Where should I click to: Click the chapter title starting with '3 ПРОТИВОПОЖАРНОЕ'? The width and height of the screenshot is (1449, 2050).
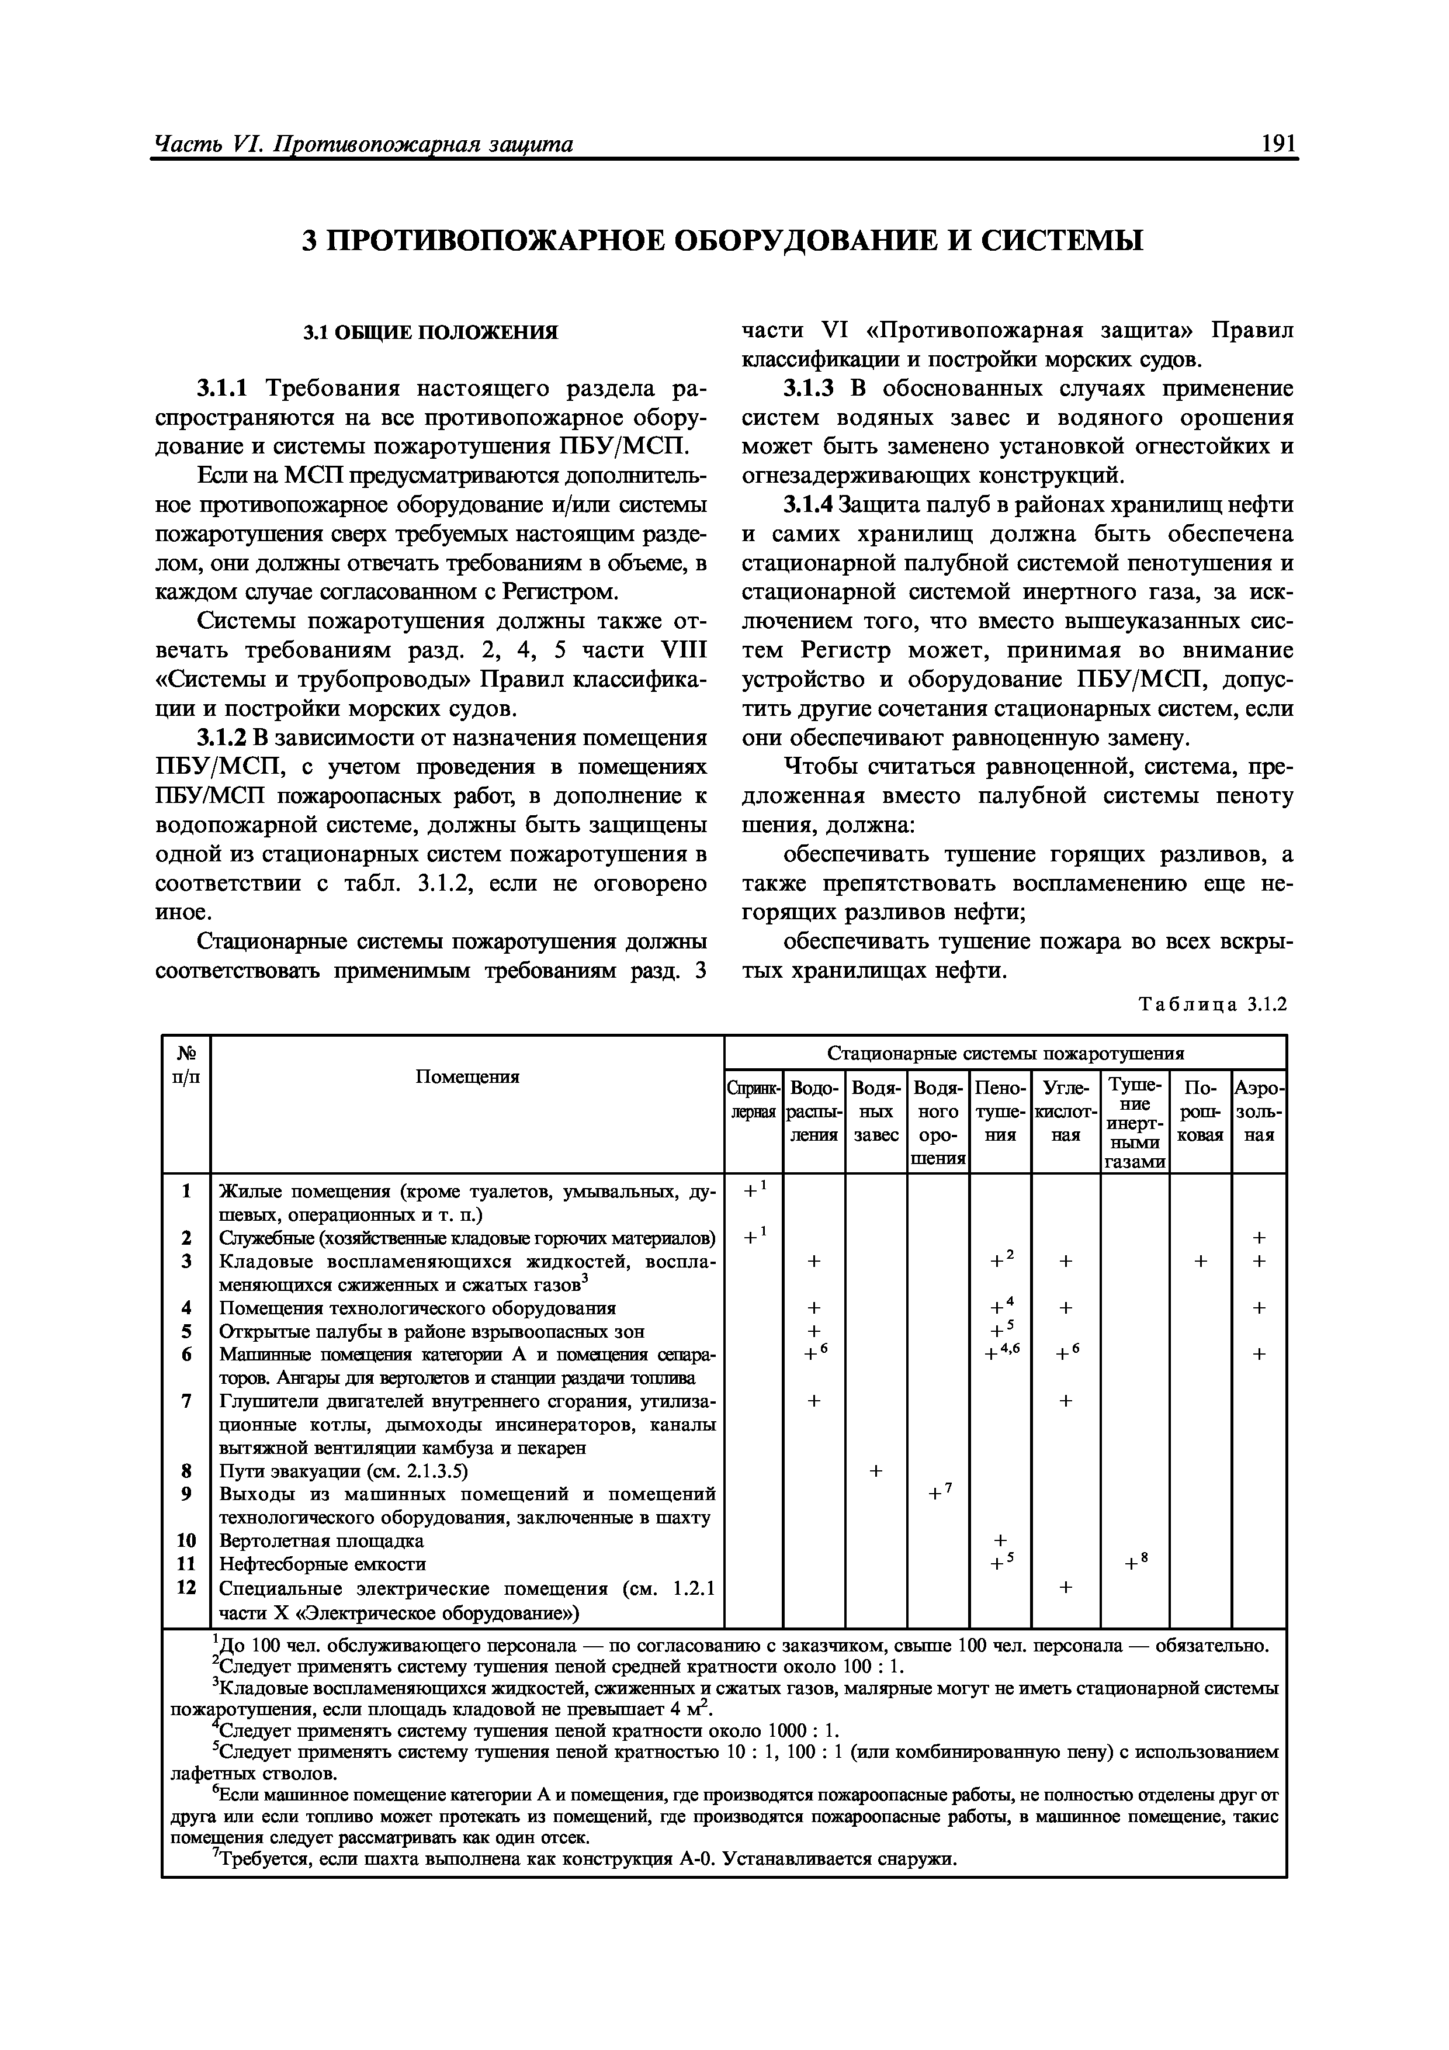coord(723,240)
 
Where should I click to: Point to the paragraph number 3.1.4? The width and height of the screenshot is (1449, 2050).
coord(808,505)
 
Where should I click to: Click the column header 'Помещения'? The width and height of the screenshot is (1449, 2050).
coord(467,1077)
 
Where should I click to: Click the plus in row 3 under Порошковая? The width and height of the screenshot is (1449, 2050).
coord(1200,1261)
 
